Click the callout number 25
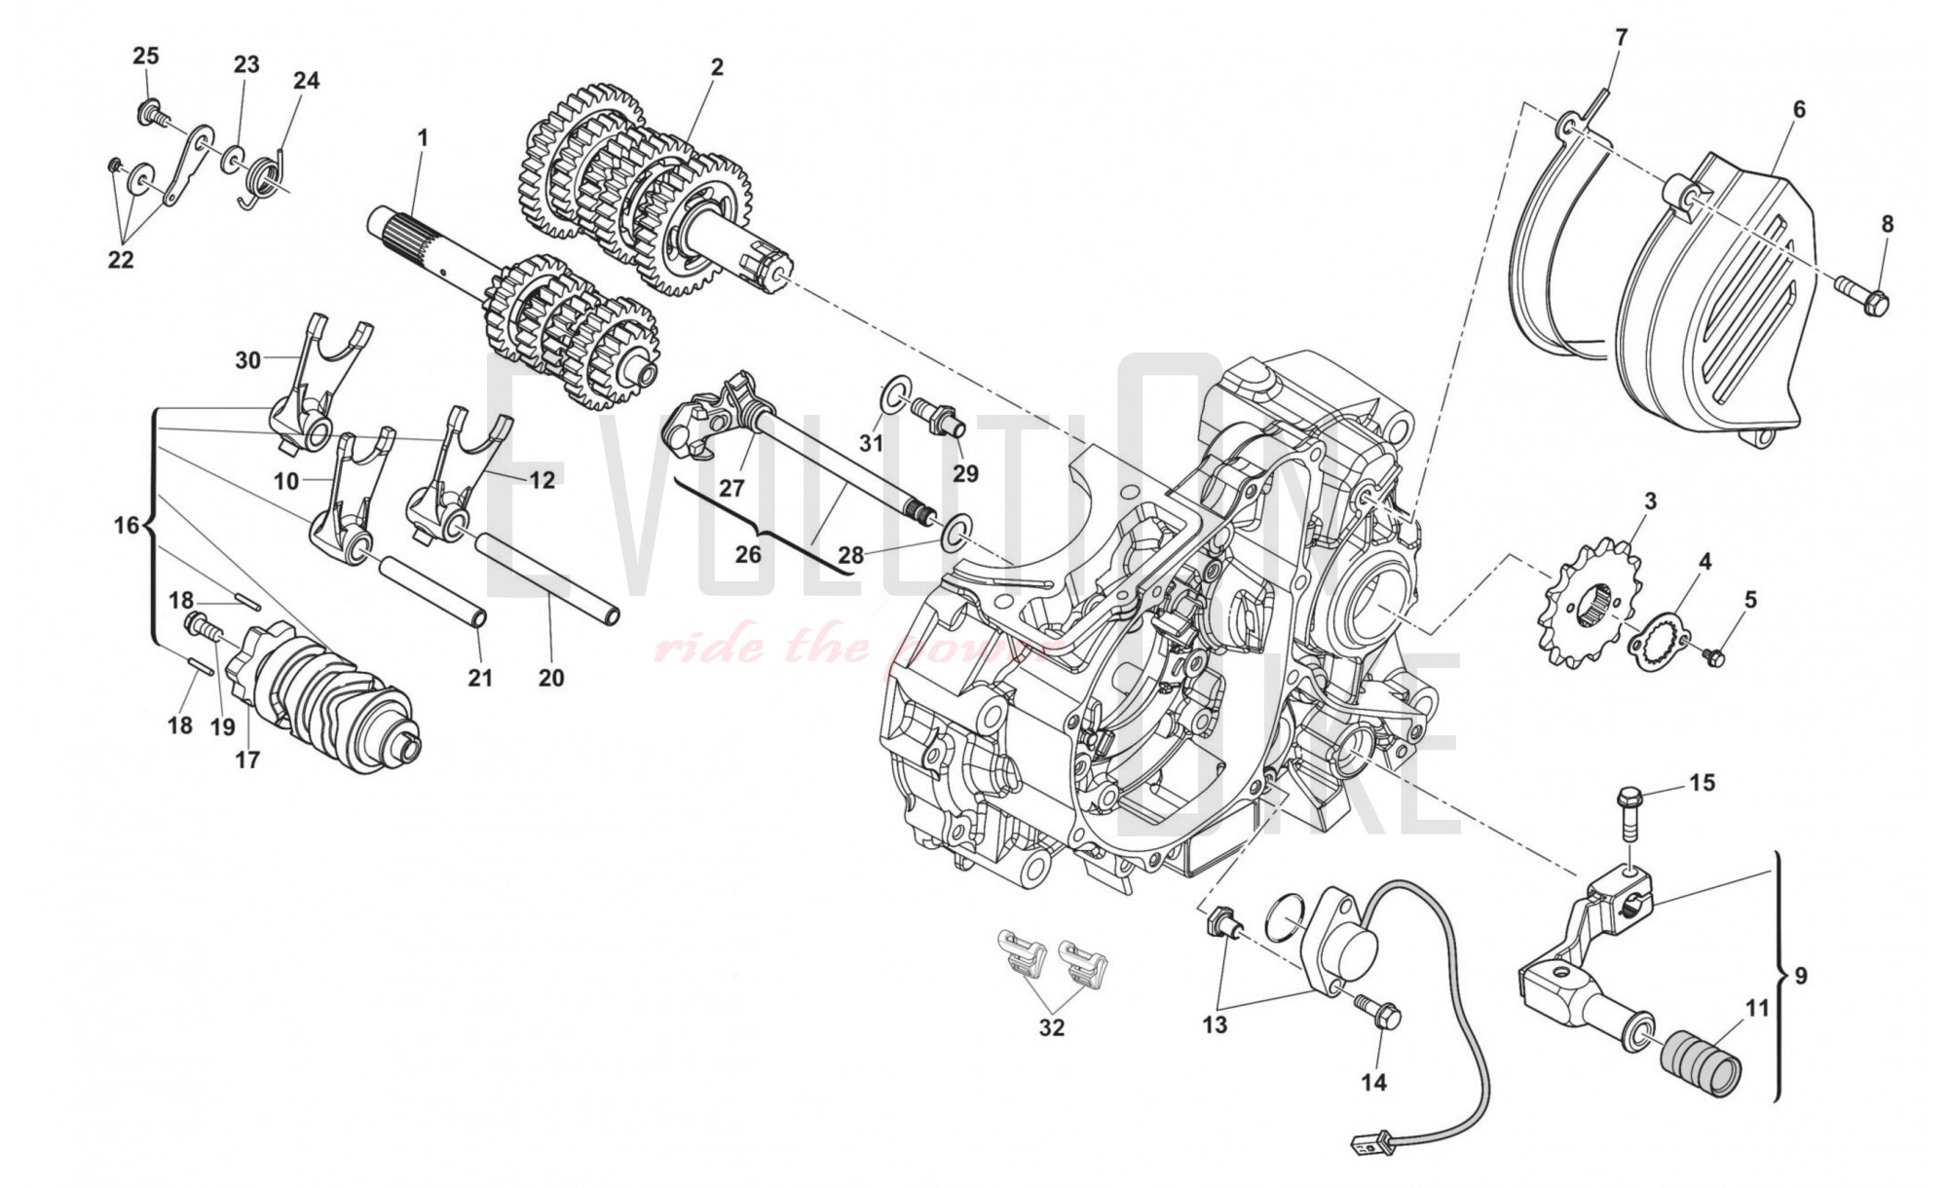[x=145, y=56]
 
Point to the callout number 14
[x=1373, y=1081]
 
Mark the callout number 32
[x=1052, y=1027]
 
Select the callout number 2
[x=717, y=67]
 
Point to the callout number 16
[x=127, y=526]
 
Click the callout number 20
[x=551, y=678]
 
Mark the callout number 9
[x=1800, y=975]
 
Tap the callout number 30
[x=247, y=360]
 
